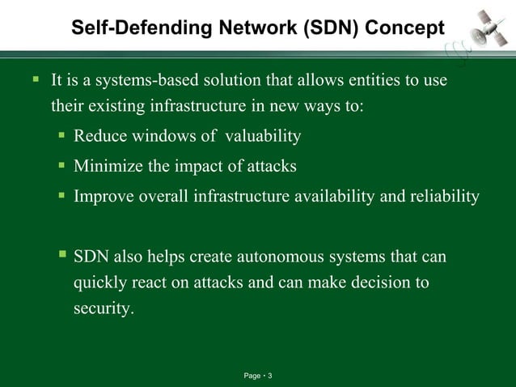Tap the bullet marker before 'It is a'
[x=36, y=81]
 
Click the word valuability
[x=260, y=136]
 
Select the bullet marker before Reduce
[x=61, y=135]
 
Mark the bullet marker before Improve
[x=61, y=195]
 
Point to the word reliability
[x=449, y=196]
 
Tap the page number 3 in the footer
[x=269, y=376]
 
